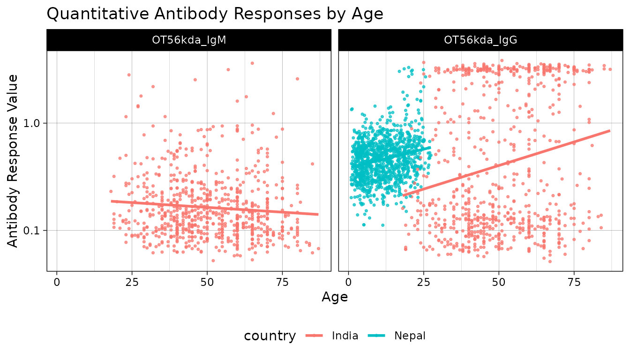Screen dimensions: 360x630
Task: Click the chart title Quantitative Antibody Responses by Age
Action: (x=215, y=14)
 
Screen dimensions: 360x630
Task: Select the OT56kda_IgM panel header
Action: (x=189, y=40)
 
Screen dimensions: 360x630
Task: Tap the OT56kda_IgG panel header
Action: (x=481, y=40)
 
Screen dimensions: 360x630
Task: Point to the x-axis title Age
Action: (x=334, y=297)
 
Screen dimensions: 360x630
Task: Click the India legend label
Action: (x=345, y=336)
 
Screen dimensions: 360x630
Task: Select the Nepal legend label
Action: (x=410, y=336)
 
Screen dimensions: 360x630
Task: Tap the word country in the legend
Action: (x=270, y=336)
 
